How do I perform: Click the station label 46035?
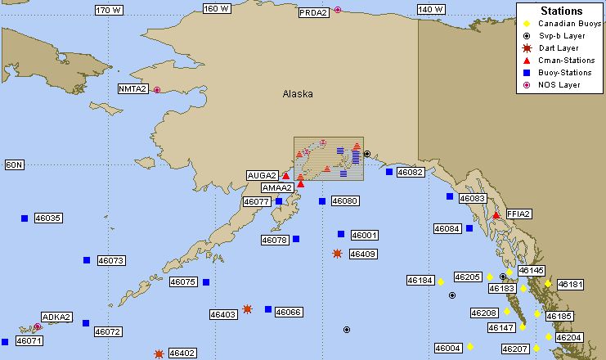(48, 218)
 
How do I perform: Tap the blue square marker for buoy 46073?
(87, 260)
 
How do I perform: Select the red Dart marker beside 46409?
(337, 254)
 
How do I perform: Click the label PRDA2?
(313, 12)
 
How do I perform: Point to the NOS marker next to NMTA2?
(157, 90)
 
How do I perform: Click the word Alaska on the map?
(298, 94)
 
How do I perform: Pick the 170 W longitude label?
(109, 10)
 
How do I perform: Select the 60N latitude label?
(15, 164)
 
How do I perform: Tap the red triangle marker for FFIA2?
(496, 215)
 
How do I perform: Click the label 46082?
(410, 173)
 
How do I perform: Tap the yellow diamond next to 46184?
(440, 281)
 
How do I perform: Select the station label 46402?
(182, 353)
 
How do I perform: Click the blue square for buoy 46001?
(341, 234)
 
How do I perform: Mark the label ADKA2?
(57, 317)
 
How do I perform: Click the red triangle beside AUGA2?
(285, 175)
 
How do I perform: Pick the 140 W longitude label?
(431, 10)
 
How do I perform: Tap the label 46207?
(515, 349)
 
